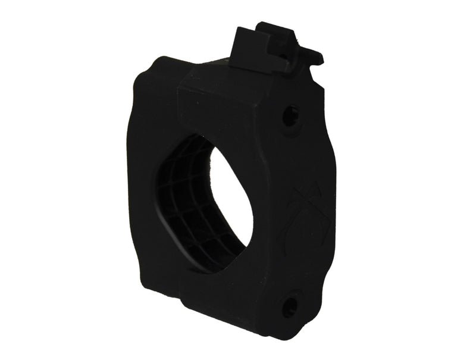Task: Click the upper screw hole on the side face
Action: point(290,114)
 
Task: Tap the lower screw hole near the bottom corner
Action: point(290,306)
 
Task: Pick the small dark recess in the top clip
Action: point(284,56)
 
